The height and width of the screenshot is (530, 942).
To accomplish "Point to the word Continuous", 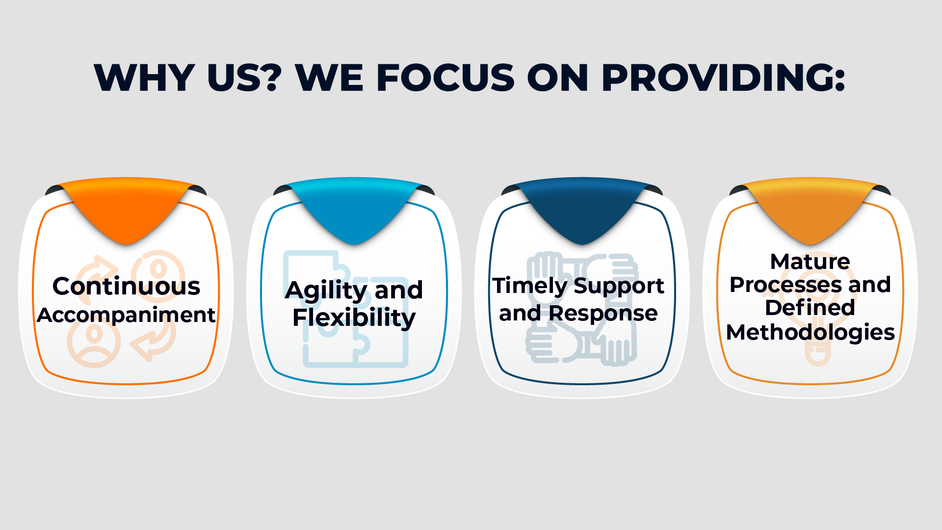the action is click(126, 286).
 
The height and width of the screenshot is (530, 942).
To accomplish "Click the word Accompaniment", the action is click(126, 315).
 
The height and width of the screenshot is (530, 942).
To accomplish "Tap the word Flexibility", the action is click(354, 318).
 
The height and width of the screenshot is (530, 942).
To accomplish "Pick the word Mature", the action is click(810, 261).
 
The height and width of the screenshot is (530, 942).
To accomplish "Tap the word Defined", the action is click(810, 308).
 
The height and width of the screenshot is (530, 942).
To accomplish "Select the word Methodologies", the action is click(811, 333).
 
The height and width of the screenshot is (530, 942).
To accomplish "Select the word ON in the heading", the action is click(558, 78).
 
